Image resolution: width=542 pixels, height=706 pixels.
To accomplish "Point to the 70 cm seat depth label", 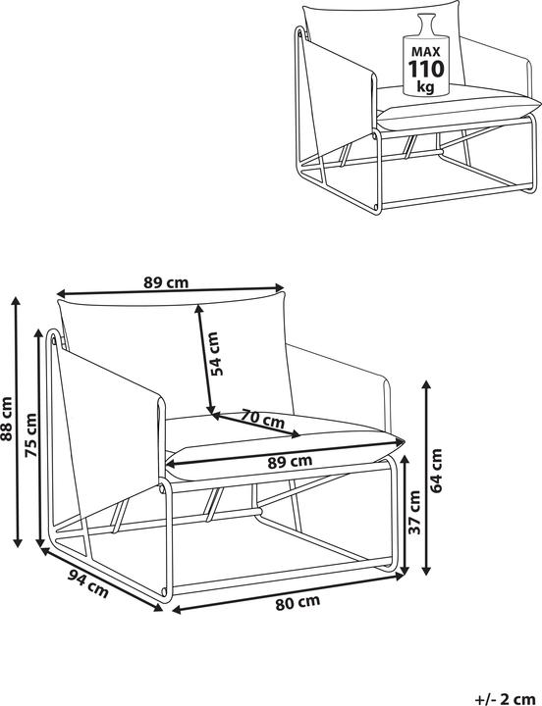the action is pyautogui.click(x=262, y=419).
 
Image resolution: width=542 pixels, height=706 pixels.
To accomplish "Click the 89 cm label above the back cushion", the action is pyautogui.click(x=166, y=282).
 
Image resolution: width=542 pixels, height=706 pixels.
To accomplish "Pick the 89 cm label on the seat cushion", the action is pyautogui.click(x=290, y=462).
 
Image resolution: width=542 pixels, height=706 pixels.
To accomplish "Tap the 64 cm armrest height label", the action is pyautogui.click(x=436, y=471).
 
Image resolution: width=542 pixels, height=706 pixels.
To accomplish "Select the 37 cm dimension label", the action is pyautogui.click(x=413, y=513).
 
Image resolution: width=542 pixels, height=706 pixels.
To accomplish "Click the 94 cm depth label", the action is pyautogui.click(x=88, y=583).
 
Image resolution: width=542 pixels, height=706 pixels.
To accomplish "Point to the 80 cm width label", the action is pyautogui.click(x=298, y=603).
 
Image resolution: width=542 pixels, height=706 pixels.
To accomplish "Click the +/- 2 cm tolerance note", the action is pyautogui.click(x=505, y=699).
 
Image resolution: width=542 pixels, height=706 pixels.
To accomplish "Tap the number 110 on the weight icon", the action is pyautogui.click(x=426, y=69).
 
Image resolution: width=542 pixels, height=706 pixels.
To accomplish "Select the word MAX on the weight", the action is pyautogui.click(x=426, y=51).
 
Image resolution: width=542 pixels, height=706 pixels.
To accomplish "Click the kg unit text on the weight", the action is pyautogui.click(x=426, y=86).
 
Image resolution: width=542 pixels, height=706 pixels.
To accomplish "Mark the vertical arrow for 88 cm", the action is pyautogui.click(x=18, y=422).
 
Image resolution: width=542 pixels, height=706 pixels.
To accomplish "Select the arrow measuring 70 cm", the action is pyautogui.click(x=256, y=425).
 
